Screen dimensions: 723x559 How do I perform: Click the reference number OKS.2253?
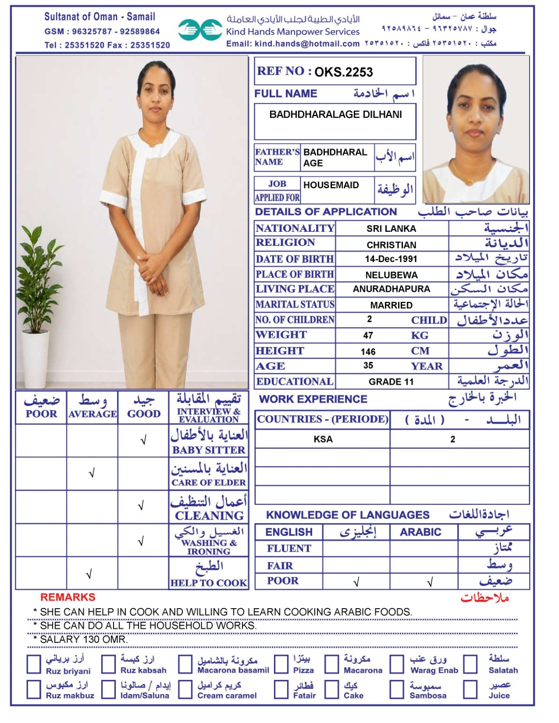[x=343, y=72]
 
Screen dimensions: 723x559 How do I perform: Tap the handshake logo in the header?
[x=199, y=30]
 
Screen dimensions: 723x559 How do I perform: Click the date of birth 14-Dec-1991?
[x=391, y=259]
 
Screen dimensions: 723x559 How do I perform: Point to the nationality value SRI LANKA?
[x=391, y=229]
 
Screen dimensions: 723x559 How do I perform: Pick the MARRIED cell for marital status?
[x=391, y=305]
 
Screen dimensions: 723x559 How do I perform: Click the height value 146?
[x=368, y=352]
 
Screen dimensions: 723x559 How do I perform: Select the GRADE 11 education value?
[x=391, y=382]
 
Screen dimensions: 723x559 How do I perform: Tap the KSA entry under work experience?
[x=323, y=439]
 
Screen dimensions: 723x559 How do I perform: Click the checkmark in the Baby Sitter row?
[x=143, y=440]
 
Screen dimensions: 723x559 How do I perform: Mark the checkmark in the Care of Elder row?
[x=92, y=473]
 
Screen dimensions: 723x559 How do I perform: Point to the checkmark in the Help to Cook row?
[x=89, y=574]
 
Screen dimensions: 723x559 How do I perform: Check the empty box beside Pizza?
[x=281, y=664]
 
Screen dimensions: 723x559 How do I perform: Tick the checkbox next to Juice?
[x=470, y=690]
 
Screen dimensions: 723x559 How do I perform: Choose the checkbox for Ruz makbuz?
[x=34, y=690]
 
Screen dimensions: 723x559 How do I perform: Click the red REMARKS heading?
[x=68, y=597]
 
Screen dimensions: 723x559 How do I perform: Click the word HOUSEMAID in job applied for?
[x=331, y=185]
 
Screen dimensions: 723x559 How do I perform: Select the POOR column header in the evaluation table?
[x=41, y=413]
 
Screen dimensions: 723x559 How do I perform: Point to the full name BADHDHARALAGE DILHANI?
[x=336, y=115]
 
